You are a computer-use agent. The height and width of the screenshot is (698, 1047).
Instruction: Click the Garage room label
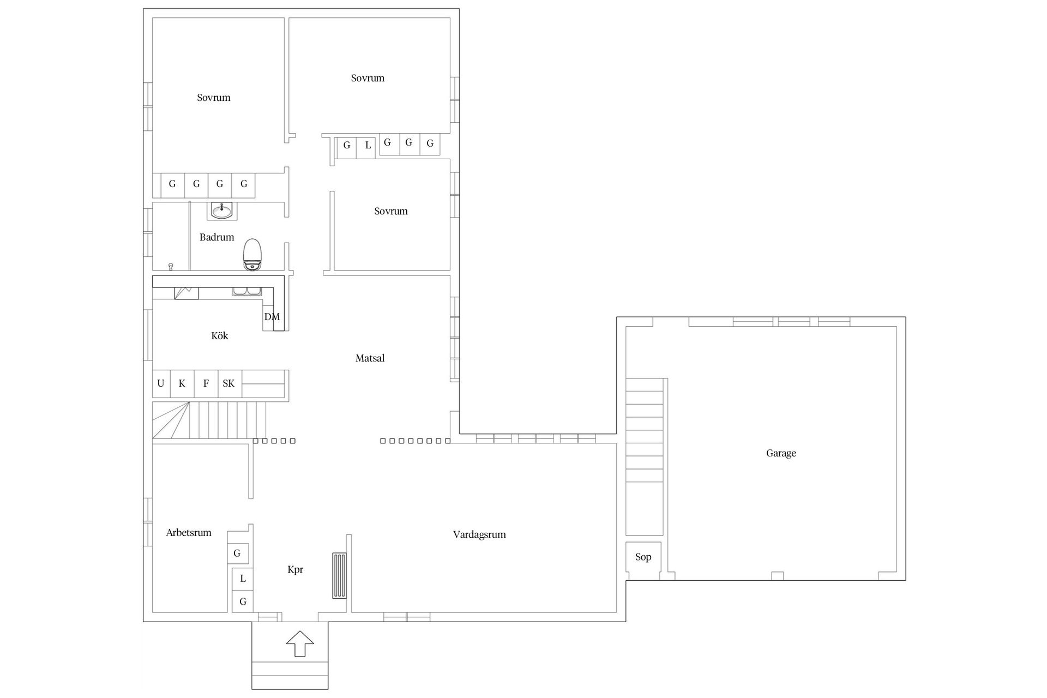coord(781,453)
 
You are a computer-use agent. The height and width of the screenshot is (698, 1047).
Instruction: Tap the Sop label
coord(643,557)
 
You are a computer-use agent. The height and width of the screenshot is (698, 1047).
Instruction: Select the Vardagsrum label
coord(479,534)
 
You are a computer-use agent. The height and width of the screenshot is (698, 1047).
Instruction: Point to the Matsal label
coord(370,358)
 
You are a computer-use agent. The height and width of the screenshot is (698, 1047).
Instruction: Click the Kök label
coord(219,336)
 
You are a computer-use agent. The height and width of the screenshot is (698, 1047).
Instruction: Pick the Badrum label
coord(216,237)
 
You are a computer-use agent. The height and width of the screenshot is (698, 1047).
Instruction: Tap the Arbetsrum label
coord(189,533)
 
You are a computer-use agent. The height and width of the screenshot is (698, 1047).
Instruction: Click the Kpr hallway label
coord(295,570)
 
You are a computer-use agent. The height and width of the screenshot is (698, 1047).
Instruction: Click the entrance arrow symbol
coord(300,643)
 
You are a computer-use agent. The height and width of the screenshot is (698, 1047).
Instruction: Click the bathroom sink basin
coord(222,210)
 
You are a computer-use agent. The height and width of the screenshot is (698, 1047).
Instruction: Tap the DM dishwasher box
coord(272,317)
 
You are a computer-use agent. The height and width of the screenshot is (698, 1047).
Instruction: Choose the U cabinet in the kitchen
coord(161,383)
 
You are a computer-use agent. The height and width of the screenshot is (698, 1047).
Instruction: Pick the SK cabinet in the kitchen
coord(229,383)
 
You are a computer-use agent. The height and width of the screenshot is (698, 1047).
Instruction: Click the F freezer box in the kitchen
coord(206,383)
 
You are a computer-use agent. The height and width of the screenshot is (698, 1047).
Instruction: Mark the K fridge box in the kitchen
coord(182,383)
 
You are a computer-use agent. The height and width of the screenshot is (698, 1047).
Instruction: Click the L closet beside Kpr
coord(243,579)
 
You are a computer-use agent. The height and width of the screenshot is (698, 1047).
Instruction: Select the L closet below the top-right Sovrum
coord(368,146)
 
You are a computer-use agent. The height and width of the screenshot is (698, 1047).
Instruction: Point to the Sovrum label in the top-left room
coord(214,98)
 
